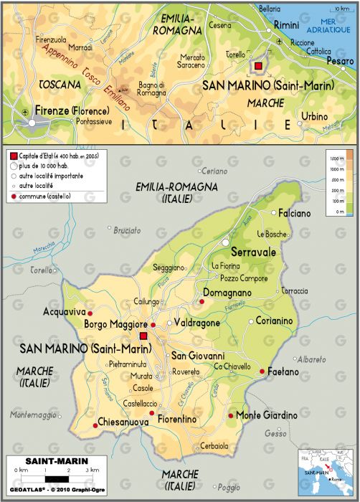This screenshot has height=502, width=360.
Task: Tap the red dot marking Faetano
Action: point(261,371)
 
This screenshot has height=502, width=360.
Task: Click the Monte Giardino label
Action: point(267,416)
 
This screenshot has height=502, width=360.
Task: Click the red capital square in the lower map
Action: point(143,336)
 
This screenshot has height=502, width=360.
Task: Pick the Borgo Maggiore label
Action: point(115,325)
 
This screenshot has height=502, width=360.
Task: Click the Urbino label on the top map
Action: point(314,116)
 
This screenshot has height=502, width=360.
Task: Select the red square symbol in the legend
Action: point(12,156)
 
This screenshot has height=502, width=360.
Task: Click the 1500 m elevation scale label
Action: point(333,156)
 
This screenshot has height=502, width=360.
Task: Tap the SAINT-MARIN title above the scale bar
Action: point(48,461)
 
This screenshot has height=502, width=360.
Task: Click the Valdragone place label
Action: point(197,323)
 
